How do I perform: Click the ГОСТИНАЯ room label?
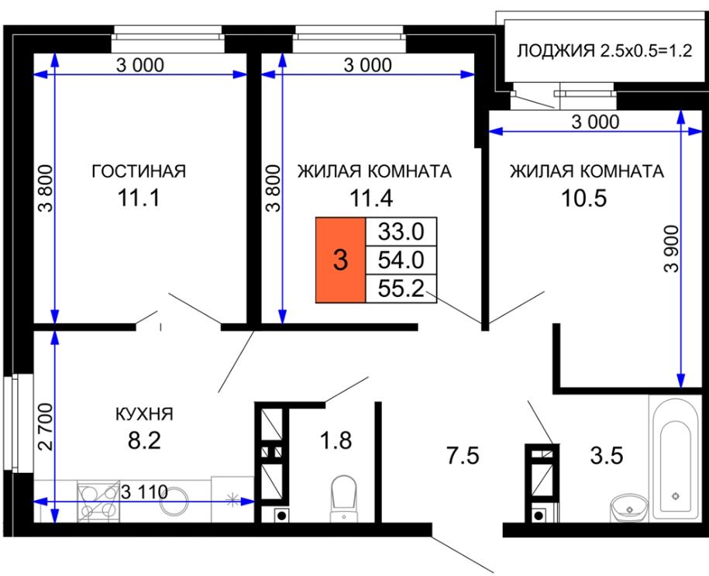(139, 171)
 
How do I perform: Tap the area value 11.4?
(371, 198)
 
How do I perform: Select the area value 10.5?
(583, 198)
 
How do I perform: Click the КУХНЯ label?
(145, 414)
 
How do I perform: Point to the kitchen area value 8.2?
(144, 440)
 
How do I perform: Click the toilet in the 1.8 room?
(344, 498)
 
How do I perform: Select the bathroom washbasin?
(629, 509)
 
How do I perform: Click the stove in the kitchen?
(97, 501)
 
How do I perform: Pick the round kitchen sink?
(174, 501)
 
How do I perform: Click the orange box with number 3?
(340, 260)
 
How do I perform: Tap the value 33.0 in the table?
(401, 232)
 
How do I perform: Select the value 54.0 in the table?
(401, 260)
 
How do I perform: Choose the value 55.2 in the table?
(401, 288)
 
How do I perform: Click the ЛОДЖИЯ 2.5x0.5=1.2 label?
(604, 50)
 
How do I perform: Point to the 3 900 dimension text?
(673, 248)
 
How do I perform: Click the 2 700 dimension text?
(46, 426)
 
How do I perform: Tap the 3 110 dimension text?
(145, 491)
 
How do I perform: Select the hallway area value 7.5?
(463, 455)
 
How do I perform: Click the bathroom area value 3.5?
(607, 455)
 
